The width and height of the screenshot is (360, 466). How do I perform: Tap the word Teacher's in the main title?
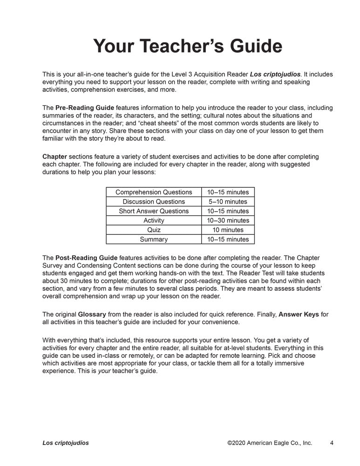(179, 47)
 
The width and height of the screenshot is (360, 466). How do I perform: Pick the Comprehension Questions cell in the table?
(154, 192)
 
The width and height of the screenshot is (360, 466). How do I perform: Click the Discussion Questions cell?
(154, 202)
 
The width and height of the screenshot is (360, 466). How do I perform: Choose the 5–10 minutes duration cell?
(228, 202)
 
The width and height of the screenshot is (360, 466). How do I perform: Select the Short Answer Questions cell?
(154, 211)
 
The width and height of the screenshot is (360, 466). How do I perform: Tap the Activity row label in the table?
(154, 220)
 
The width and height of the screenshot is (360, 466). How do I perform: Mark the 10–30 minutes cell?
(228, 220)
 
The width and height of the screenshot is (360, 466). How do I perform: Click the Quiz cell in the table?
(154, 230)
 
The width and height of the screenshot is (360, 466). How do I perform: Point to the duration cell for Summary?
(228, 240)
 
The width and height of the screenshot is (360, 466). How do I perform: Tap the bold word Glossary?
(93, 315)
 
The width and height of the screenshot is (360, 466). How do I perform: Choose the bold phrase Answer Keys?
(299, 315)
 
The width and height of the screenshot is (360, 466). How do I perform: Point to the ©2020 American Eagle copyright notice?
(270, 443)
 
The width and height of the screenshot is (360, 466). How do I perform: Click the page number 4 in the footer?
(331, 443)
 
